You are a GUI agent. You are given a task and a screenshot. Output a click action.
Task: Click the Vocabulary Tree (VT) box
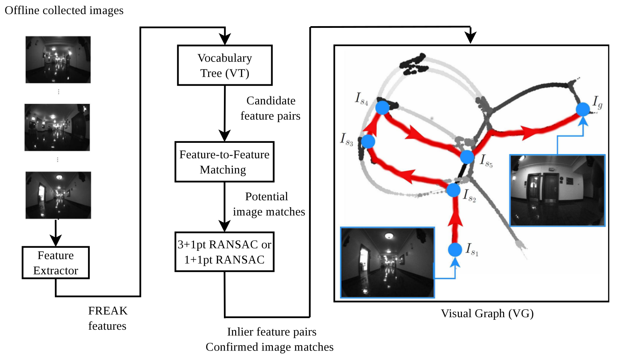pyautogui.click(x=225, y=65)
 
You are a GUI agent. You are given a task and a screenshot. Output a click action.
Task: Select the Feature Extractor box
pyautogui.click(x=56, y=262)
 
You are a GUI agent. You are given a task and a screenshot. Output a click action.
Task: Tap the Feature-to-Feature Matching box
pyautogui.click(x=224, y=162)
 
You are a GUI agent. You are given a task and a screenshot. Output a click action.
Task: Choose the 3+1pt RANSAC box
pyautogui.click(x=224, y=252)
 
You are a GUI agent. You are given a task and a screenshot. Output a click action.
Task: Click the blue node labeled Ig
pyautogui.click(x=583, y=110)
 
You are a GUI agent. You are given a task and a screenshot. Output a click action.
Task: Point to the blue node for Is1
pyautogui.click(x=455, y=250)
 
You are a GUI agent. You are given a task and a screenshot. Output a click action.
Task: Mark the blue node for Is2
pyautogui.click(x=453, y=190)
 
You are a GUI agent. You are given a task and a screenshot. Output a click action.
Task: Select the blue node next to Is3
pyautogui.click(x=368, y=142)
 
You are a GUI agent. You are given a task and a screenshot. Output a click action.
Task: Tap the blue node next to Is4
pyautogui.click(x=382, y=108)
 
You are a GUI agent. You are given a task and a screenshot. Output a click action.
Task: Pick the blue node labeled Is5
pyautogui.click(x=467, y=157)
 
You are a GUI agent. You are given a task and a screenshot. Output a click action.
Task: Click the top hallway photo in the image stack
pyautogui.click(x=58, y=59)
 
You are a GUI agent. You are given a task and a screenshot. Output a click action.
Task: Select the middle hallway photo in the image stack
pyautogui.click(x=57, y=127)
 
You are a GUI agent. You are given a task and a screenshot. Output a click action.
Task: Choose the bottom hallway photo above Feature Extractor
pyautogui.click(x=58, y=195)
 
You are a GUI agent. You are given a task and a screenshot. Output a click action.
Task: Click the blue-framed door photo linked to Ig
pyautogui.click(x=557, y=191)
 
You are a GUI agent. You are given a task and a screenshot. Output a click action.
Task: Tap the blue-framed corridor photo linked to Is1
pyautogui.click(x=387, y=262)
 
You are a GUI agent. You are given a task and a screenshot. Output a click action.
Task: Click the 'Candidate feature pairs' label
pyautogui.click(x=270, y=108)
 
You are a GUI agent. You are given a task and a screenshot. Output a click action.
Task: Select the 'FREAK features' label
pyautogui.click(x=108, y=318)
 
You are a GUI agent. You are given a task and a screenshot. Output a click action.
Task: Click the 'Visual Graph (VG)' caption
pyautogui.click(x=487, y=313)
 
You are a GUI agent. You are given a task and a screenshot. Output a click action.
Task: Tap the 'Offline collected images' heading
pyautogui.click(x=64, y=10)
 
